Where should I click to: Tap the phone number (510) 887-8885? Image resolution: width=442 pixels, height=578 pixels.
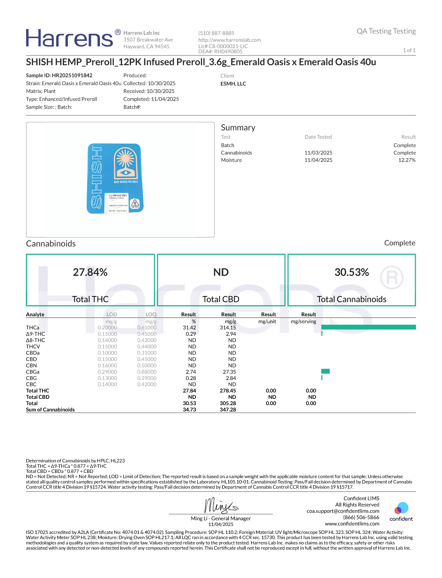coord(216,33)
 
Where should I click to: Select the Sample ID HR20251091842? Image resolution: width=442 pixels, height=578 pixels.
coord(59,76)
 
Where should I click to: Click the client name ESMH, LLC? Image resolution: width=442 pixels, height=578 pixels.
coord(233,84)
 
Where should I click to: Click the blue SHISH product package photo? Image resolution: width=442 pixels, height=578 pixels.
coord(115,179)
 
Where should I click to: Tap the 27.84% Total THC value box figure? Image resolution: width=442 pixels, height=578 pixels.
coord(90,272)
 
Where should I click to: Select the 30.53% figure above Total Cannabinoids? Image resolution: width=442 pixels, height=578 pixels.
coord(352,272)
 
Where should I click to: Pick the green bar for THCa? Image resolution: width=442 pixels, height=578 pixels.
coord(368,327)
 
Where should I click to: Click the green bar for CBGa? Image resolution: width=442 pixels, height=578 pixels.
coord(325,371)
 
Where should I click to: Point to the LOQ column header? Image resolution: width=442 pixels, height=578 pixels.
coord(151,315)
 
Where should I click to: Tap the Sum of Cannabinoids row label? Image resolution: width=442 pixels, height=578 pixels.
coord(50,410)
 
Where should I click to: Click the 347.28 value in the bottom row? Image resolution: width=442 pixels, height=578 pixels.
coord(228,410)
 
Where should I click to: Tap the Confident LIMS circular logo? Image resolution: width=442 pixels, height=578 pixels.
coord(401,508)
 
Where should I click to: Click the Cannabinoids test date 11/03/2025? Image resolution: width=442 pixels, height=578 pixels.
coord(318,153)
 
